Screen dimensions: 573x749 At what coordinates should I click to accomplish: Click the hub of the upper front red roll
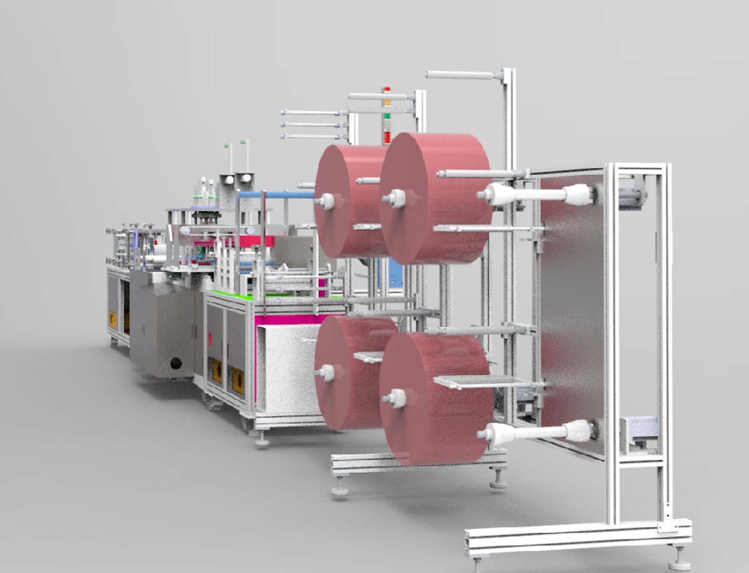[396, 198]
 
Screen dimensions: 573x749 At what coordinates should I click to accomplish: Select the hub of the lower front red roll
[396, 396]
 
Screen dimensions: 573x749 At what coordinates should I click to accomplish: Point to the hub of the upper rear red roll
[326, 201]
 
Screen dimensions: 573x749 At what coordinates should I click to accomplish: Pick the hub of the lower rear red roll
[326, 372]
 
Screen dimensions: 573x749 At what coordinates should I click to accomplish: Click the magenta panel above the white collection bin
[297, 319]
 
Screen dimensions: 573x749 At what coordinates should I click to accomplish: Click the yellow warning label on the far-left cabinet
[113, 320]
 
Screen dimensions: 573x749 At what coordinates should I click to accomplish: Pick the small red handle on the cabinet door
[211, 337]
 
